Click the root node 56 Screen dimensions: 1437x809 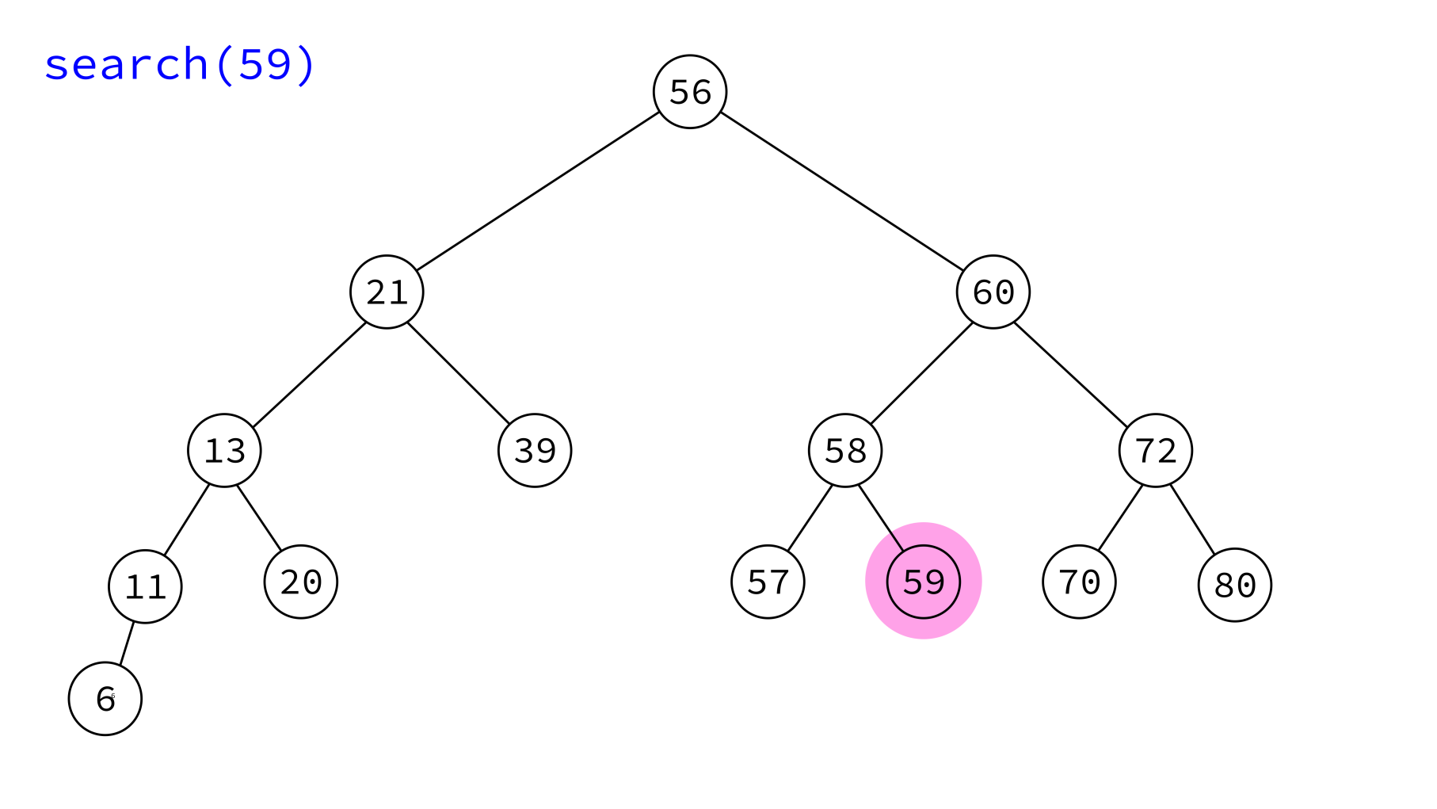click(x=690, y=92)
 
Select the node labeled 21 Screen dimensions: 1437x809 click(x=387, y=292)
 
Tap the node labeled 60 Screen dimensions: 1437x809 click(x=993, y=292)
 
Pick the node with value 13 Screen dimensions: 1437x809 click(x=224, y=450)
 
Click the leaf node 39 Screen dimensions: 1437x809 click(x=535, y=450)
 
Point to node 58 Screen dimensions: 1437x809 click(x=845, y=450)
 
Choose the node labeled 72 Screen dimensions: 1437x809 click(x=1156, y=450)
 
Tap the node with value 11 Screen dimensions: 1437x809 click(x=145, y=586)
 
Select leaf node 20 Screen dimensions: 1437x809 click(x=301, y=582)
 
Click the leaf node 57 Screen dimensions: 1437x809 click(x=768, y=582)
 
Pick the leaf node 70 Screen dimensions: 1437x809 click(x=1079, y=582)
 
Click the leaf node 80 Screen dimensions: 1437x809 click(x=1235, y=585)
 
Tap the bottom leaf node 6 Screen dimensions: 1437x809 click(x=105, y=699)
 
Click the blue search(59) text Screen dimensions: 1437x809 click(x=180, y=64)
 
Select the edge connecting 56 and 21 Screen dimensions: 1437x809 click(x=539, y=192)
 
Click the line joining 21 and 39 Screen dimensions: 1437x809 click(x=458, y=373)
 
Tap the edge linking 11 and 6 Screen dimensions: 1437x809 click(x=127, y=643)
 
